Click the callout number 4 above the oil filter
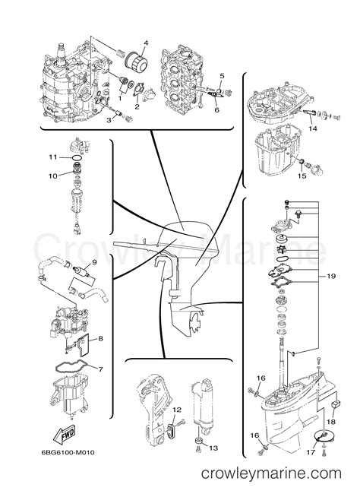[x=146, y=43]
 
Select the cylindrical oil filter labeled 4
[x=137, y=62]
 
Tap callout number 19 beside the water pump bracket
[x=330, y=277]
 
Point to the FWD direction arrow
[x=64, y=434]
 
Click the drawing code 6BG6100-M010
[x=68, y=452]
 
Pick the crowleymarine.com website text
[x=271, y=473]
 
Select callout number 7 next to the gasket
[x=100, y=369]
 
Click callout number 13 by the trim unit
[x=213, y=448]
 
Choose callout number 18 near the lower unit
[x=331, y=422]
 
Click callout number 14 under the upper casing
[x=312, y=128]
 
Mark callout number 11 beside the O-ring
[x=52, y=157]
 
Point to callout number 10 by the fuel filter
[x=53, y=176]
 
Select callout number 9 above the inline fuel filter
[x=94, y=262]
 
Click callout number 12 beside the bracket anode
[x=177, y=410]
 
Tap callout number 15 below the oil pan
[x=302, y=176]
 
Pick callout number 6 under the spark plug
[x=216, y=110]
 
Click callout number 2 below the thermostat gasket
[x=137, y=107]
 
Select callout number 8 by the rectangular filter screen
[x=100, y=338]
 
